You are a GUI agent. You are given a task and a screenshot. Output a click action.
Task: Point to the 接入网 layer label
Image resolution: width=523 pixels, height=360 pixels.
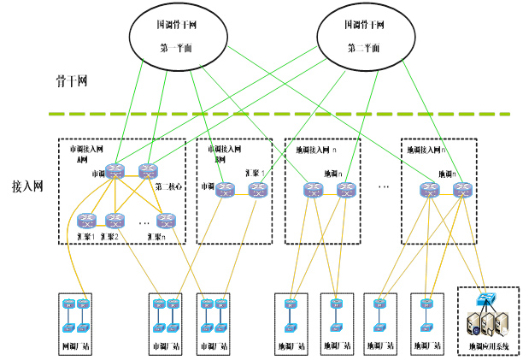(26, 185)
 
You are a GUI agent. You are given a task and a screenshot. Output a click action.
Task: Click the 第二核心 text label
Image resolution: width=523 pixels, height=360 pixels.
(168, 186)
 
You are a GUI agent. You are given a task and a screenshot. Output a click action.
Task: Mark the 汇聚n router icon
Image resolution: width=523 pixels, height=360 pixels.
(166, 220)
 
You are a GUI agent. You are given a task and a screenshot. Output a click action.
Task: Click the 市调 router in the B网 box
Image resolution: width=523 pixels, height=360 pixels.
(225, 190)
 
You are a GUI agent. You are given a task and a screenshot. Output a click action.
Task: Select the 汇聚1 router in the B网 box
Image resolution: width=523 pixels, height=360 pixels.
(259, 190)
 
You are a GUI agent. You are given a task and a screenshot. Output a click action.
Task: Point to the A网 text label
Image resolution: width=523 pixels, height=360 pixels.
(83, 159)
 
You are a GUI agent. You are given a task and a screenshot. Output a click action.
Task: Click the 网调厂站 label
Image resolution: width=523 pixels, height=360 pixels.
(75, 345)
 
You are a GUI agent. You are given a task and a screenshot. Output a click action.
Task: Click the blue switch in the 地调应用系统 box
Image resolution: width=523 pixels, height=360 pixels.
(488, 298)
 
